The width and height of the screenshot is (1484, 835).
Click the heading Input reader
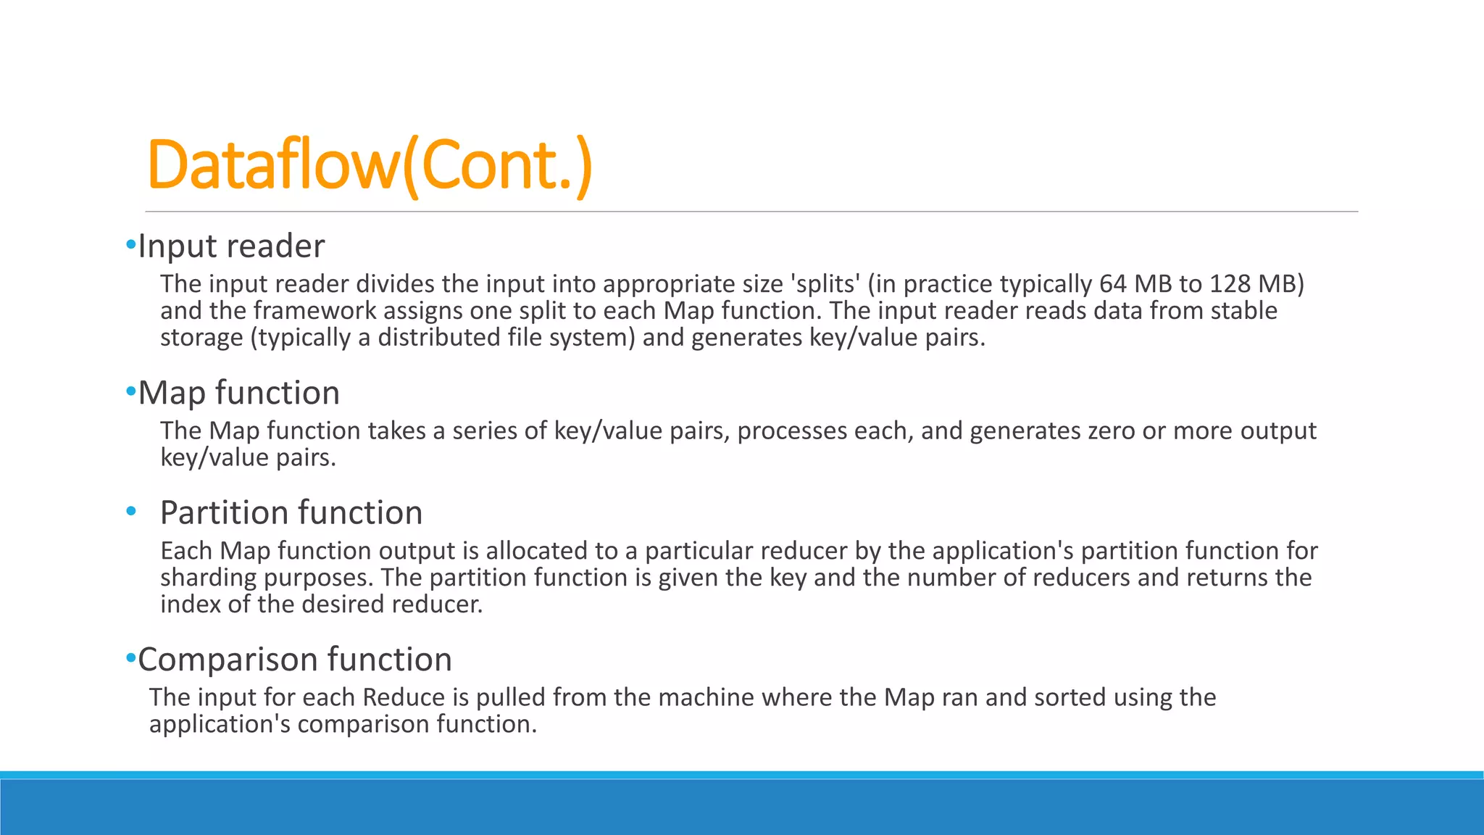click(x=231, y=246)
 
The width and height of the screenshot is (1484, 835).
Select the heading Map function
click(x=238, y=393)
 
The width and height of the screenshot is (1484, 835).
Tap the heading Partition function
click(x=291, y=513)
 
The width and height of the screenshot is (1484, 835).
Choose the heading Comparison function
click(x=295, y=660)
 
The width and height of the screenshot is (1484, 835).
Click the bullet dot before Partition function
click(x=130, y=512)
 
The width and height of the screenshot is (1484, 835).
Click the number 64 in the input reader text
click(x=1112, y=283)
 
